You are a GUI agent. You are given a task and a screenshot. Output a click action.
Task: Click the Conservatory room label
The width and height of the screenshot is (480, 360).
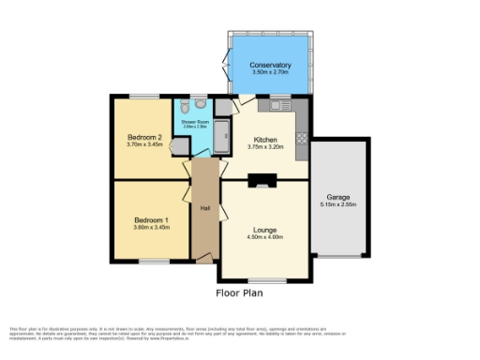coord(270,64)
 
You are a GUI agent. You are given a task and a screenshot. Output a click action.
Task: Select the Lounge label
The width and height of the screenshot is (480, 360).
coord(263,229)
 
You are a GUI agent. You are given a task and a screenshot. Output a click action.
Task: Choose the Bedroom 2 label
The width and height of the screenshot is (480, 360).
coord(145,138)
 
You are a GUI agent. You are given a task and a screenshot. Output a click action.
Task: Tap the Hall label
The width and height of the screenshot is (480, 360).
coord(203,207)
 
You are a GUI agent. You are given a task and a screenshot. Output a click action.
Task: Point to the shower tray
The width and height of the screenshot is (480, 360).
coord(221,139)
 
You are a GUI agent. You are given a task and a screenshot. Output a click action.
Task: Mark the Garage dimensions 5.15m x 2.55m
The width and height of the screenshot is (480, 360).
coord(338,204)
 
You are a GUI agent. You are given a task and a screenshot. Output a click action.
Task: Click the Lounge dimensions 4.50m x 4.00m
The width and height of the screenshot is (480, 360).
coord(263,237)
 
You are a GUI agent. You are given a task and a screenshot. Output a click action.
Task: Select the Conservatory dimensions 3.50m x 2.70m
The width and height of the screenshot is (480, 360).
coord(270,71)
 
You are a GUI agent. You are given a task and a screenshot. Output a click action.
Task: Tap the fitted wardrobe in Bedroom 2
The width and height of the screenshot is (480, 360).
coord(179,147)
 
